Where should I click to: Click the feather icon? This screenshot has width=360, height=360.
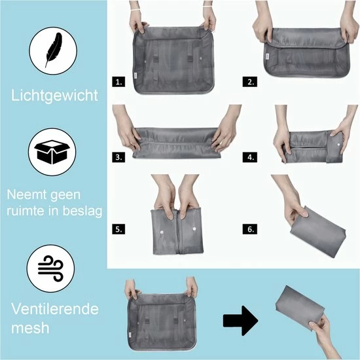pyautogui.click(x=53, y=50)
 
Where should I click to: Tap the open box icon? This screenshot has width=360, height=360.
pyautogui.click(x=52, y=152)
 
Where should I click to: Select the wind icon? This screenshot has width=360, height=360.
pyautogui.click(x=50, y=268)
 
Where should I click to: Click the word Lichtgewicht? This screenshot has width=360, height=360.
pyautogui.click(x=54, y=96)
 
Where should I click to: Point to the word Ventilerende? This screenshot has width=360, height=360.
pyautogui.click(x=55, y=309)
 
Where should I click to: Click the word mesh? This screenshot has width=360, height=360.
pyautogui.click(x=30, y=328)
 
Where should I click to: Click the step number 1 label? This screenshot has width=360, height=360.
pyautogui.click(x=118, y=82)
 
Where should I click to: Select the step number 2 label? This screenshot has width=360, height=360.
pyautogui.click(x=250, y=82)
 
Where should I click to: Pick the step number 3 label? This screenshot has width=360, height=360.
pyautogui.click(x=118, y=158)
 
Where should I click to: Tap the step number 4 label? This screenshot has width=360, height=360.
pyautogui.click(x=250, y=158)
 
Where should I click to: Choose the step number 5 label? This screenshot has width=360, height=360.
pyautogui.click(x=118, y=229)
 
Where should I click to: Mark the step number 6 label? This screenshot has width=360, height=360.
pyautogui.click(x=250, y=229)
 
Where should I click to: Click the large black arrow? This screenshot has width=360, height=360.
pyautogui.click(x=241, y=320)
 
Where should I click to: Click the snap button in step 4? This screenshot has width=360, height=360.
pyautogui.click(x=339, y=145)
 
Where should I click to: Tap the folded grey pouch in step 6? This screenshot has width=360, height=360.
pyautogui.click(x=318, y=232)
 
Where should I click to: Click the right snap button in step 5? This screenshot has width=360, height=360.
pyautogui.click(x=194, y=228)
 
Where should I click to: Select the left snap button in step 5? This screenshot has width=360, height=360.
pyautogui.click(x=162, y=232)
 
